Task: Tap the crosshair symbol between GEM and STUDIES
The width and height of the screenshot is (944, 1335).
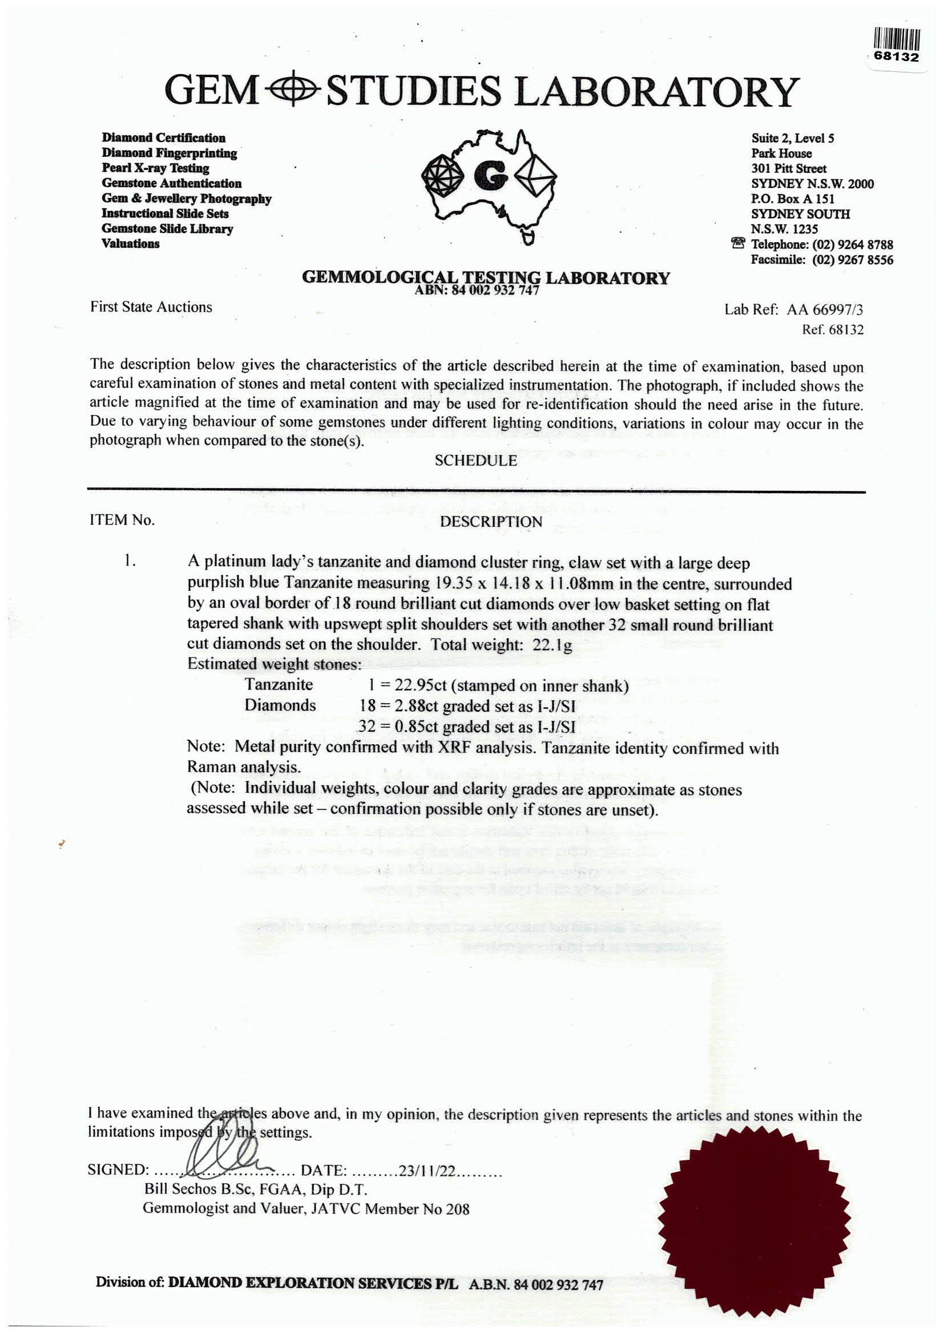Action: pos(292,91)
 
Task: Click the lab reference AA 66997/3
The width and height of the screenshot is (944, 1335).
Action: pos(825,310)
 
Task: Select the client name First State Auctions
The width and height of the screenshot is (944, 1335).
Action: pos(151,307)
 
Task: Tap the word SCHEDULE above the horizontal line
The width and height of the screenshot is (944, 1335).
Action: pos(475,461)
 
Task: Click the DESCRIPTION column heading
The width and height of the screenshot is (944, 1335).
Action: pos(491,522)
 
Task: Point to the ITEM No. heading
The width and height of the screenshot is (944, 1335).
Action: pos(122,520)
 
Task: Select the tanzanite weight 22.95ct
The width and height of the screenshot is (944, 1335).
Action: pos(413,686)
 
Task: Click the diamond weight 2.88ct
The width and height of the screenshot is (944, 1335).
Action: pos(412,707)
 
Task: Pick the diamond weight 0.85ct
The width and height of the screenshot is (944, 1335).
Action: pos(412,727)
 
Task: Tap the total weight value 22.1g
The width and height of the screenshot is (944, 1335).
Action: pos(552,646)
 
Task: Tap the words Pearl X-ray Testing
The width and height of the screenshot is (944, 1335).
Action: pos(155,168)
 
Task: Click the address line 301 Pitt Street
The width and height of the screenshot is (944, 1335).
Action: pos(788,168)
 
